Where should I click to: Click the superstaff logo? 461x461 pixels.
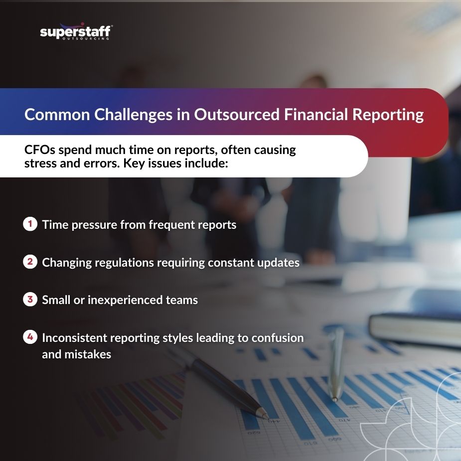click(76, 31)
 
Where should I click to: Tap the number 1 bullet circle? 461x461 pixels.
click(30, 224)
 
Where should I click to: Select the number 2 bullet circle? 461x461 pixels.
click(30, 261)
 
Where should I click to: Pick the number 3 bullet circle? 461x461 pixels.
click(30, 300)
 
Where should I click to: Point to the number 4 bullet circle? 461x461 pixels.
click(30, 337)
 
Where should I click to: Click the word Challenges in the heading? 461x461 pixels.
click(133, 115)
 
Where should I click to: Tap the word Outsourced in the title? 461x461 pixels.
click(237, 114)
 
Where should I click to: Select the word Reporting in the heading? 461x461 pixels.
click(388, 115)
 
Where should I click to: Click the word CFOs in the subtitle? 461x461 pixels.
click(40, 150)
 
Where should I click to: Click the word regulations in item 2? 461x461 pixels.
click(125, 263)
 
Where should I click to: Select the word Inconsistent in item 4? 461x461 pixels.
click(74, 338)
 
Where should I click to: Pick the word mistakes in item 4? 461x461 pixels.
click(88, 354)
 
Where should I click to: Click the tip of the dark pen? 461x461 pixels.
click(267, 417)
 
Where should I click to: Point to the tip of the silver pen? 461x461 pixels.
click(334, 400)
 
